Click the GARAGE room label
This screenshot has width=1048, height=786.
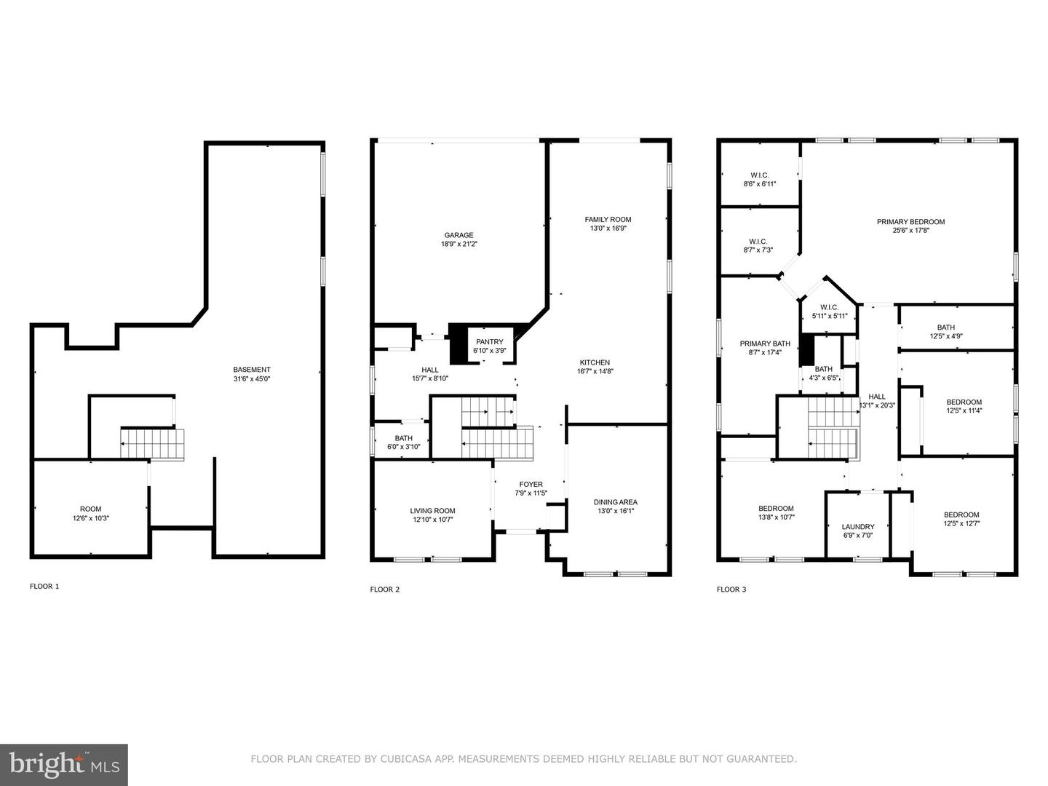[x=458, y=235]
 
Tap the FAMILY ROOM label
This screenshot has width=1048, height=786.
[x=608, y=220]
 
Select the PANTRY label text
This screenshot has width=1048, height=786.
[x=489, y=342]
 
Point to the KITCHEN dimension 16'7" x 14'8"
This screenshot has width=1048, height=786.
[x=595, y=371]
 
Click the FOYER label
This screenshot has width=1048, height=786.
[x=531, y=485]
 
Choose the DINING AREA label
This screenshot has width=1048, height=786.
[x=616, y=502]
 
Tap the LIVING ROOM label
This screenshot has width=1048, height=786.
[x=432, y=511]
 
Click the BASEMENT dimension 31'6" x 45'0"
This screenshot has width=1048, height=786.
[x=252, y=379]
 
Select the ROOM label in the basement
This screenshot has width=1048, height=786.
[x=91, y=509]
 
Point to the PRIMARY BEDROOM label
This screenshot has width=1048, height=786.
[x=911, y=221]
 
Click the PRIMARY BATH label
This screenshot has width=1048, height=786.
[x=765, y=344]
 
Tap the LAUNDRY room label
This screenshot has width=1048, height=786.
[x=858, y=527]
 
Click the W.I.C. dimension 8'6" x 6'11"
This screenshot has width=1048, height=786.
[x=760, y=184]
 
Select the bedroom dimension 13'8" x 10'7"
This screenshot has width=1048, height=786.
[x=777, y=517]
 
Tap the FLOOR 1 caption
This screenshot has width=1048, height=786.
[x=44, y=587]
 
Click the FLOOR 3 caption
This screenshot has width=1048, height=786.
[x=731, y=589]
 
